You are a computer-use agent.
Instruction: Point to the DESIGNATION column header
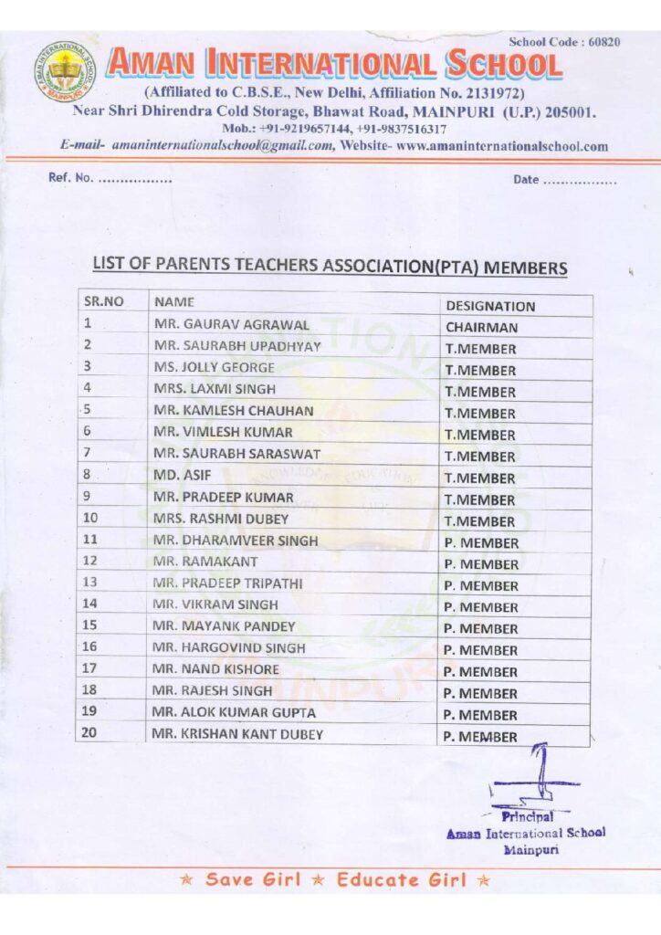tap(490, 306)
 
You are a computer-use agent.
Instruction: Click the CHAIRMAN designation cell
tap(481, 328)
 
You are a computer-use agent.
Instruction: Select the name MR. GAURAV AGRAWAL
tap(231, 324)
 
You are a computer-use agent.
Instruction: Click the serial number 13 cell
tap(90, 582)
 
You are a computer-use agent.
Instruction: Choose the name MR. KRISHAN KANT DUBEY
tap(237, 735)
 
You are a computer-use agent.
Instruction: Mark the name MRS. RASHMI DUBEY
tap(221, 519)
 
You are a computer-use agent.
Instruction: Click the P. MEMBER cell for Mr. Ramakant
tap(481, 564)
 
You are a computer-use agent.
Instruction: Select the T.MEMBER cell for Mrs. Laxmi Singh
tap(480, 392)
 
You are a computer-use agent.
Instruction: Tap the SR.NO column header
tap(103, 300)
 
